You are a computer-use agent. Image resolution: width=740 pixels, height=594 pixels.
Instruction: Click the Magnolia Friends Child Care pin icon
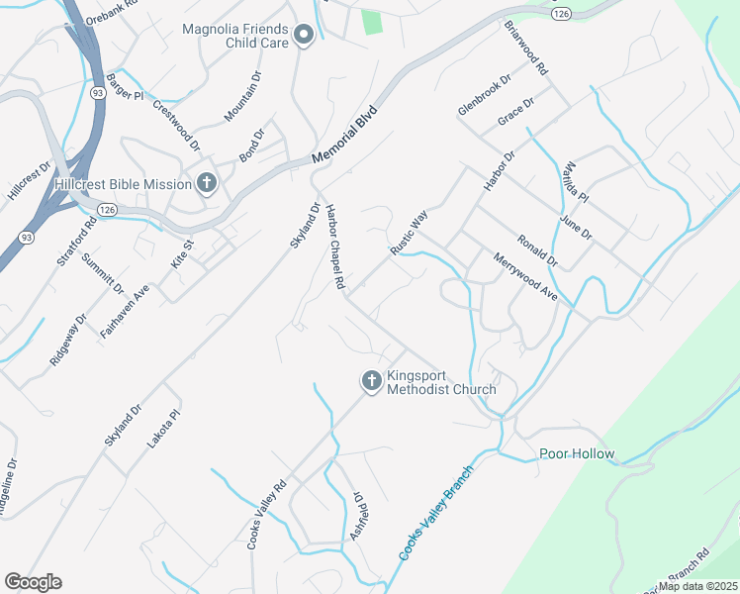pyautogui.click(x=305, y=38)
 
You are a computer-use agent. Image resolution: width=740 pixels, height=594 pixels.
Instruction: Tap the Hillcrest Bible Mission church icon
pyautogui.click(x=207, y=183)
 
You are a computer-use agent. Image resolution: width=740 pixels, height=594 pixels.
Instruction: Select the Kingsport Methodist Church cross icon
pyautogui.click(x=371, y=381)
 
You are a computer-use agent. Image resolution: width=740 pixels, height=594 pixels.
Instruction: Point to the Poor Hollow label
pyautogui.click(x=577, y=454)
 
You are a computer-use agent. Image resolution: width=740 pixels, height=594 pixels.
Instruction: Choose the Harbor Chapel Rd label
pyautogui.click(x=335, y=247)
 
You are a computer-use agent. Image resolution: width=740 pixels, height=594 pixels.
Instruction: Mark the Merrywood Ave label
pyautogui.click(x=525, y=276)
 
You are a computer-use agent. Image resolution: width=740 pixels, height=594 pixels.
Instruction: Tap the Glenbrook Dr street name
pyautogui.click(x=484, y=94)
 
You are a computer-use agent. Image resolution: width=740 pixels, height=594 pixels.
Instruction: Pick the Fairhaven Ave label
pyautogui.click(x=125, y=312)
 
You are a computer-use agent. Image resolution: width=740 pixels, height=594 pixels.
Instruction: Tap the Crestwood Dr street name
pyautogui.click(x=177, y=125)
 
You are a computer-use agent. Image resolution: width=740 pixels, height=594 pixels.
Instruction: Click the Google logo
pyautogui.click(x=33, y=582)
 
